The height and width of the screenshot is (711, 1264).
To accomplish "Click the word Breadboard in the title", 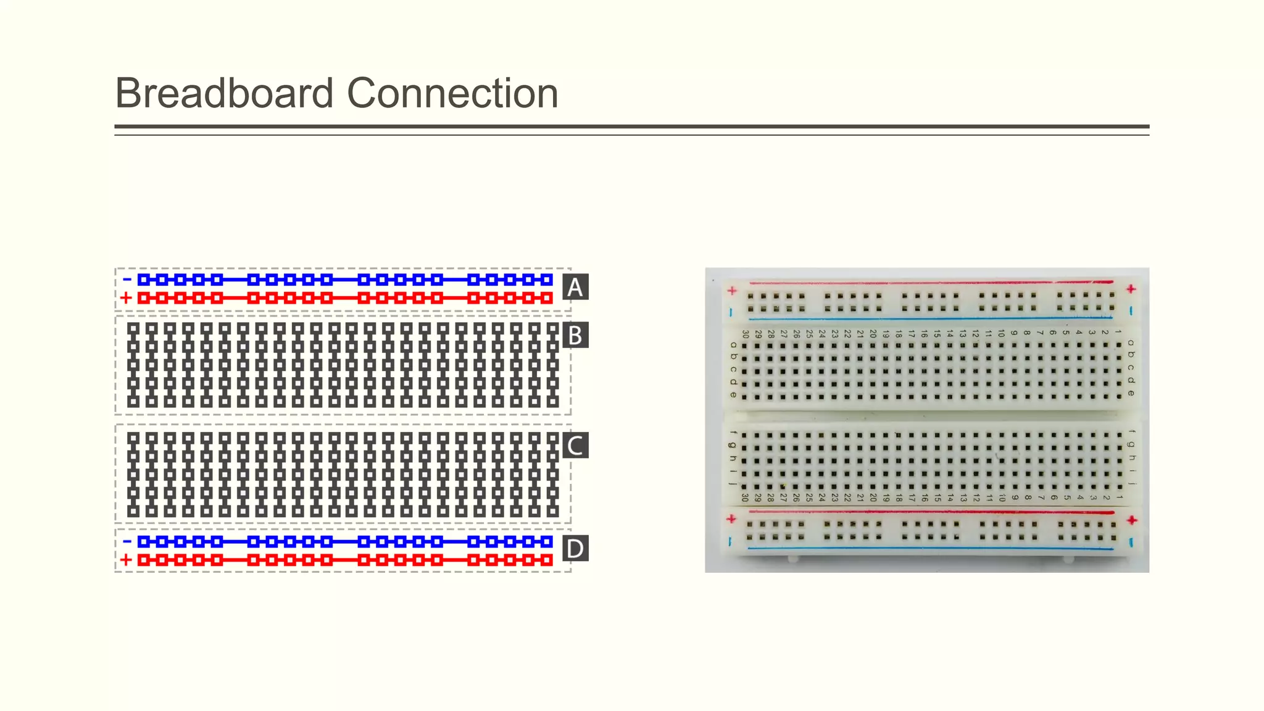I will pyautogui.click(x=224, y=93).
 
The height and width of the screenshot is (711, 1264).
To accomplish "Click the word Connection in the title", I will pyautogui.click(x=452, y=93).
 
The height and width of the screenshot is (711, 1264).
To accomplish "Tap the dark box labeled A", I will pyautogui.click(x=575, y=287).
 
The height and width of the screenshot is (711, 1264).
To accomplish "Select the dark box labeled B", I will pyautogui.click(x=575, y=335).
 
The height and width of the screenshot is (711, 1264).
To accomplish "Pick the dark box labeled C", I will pyautogui.click(x=575, y=445).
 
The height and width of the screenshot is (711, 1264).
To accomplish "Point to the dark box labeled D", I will pyautogui.click(x=575, y=548).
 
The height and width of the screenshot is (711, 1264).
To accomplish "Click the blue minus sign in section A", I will pyautogui.click(x=127, y=280).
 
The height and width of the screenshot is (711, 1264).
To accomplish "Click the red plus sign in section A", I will pyautogui.click(x=126, y=297).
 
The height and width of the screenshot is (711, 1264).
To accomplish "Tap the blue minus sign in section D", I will pyautogui.click(x=127, y=541).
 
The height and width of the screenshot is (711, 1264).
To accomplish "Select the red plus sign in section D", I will pyautogui.click(x=126, y=560).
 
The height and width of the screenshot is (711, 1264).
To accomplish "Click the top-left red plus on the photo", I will pyautogui.click(x=732, y=290).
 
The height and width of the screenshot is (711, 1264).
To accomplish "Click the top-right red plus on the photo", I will pyautogui.click(x=1131, y=289).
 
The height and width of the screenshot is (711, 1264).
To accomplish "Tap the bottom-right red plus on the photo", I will pyautogui.click(x=1131, y=520).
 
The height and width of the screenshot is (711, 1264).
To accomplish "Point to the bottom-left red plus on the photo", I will pyautogui.click(x=731, y=518).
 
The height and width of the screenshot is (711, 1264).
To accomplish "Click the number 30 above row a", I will pyautogui.click(x=746, y=334).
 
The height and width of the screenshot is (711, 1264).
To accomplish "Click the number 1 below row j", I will pyautogui.click(x=1119, y=497).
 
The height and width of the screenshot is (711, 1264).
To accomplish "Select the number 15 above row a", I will pyautogui.click(x=937, y=334).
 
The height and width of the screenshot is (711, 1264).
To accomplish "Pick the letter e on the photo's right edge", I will pyautogui.click(x=1131, y=393).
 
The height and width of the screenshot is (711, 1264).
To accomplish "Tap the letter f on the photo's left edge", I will pyautogui.click(x=733, y=433).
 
